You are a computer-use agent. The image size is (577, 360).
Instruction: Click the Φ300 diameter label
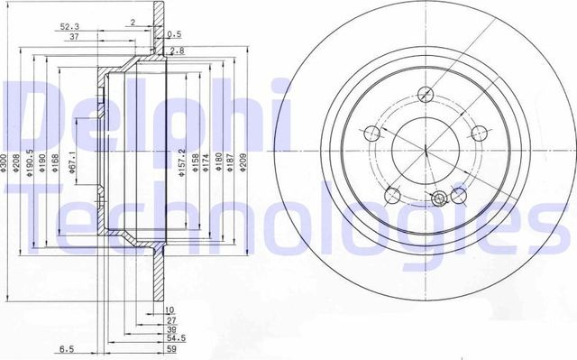[x=5, y=162]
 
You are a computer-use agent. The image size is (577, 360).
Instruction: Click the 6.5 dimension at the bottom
[x=66, y=346]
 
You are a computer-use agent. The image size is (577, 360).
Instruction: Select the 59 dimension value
[x=169, y=347]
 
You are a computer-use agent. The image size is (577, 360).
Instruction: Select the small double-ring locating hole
[x=438, y=199]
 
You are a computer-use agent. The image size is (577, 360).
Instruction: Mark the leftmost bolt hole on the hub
[x=371, y=133]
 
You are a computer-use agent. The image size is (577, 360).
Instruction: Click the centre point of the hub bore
[x=423, y=148]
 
